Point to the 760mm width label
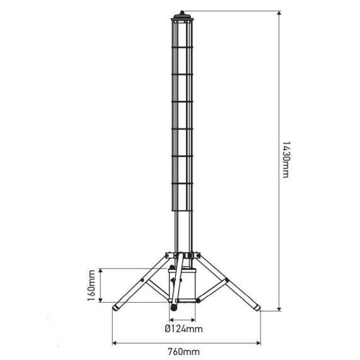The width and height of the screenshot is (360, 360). pyautogui.click(x=185, y=351)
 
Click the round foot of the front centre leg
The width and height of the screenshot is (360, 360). pyautogui.click(x=173, y=309)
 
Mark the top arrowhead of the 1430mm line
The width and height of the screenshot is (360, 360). pyautogui.click(x=278, y=13)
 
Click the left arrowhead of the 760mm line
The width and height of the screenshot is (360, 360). pyautogui.click(x=114, y=343)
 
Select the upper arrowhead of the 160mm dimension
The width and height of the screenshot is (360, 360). pyautogui.click(x=100, y=269)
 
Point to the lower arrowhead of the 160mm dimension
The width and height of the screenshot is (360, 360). pyautogui.click(x=100, y=299)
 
